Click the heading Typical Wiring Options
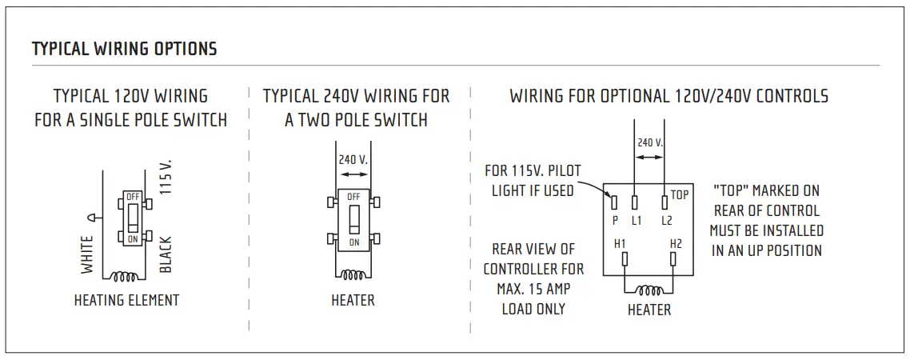(x=124, y=49)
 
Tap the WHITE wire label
(x=88, y=254)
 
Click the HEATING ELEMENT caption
(x=126, y=301)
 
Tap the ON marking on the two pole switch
(x=353, y=242)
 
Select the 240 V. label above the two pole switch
(x=353, y=160)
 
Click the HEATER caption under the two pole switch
(x=353, y=301)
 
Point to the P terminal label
(x=615, y=219)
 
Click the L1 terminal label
(x=637, y=219)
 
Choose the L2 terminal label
(x=665, y=219)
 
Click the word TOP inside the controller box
(x=679, y=194)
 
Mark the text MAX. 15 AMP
(x=533, y=289)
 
